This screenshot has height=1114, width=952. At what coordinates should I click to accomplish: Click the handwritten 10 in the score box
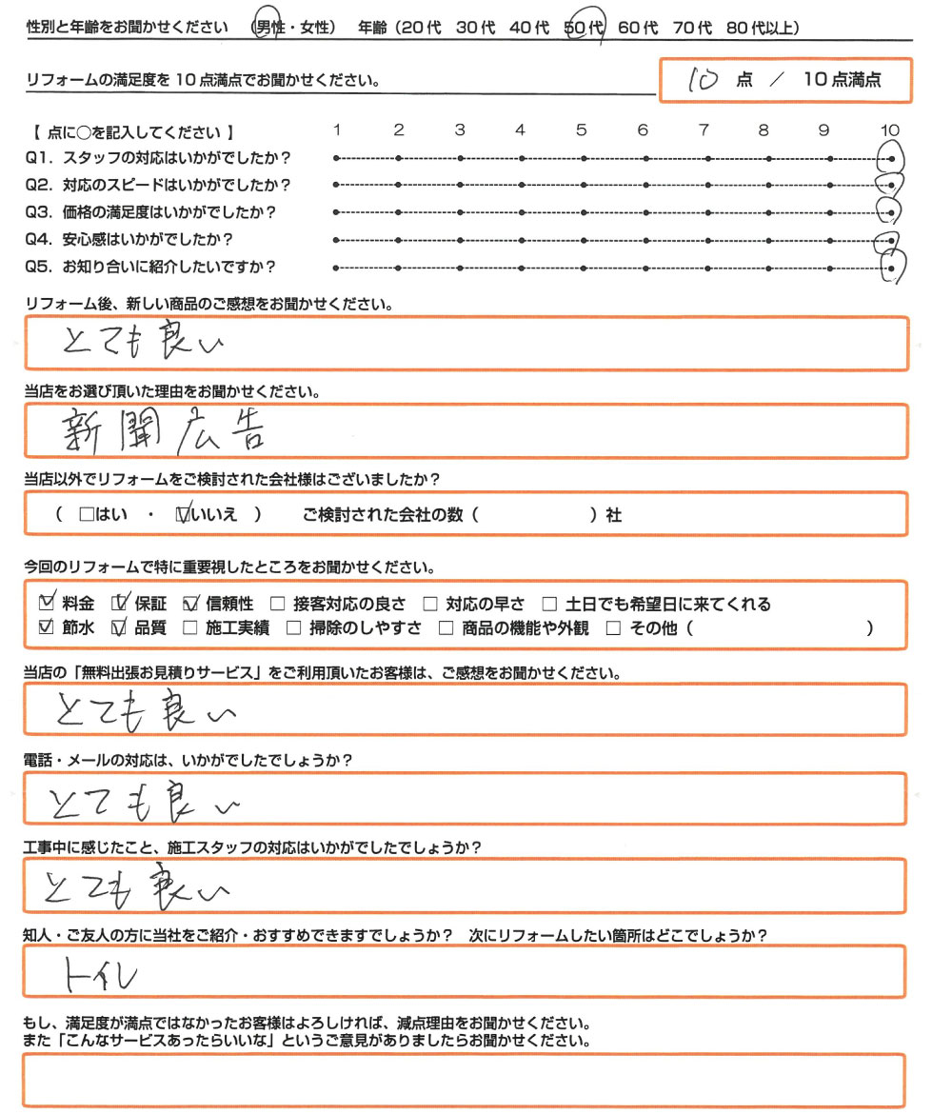704,81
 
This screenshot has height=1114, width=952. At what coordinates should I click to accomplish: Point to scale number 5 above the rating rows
581,130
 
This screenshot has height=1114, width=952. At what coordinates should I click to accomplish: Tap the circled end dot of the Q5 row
891,269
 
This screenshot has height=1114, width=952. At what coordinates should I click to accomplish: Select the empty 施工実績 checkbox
190,628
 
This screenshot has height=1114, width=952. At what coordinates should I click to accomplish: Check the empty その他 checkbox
613,628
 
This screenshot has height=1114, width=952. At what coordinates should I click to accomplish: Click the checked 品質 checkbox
119,628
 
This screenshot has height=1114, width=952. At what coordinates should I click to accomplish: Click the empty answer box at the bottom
466,1082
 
